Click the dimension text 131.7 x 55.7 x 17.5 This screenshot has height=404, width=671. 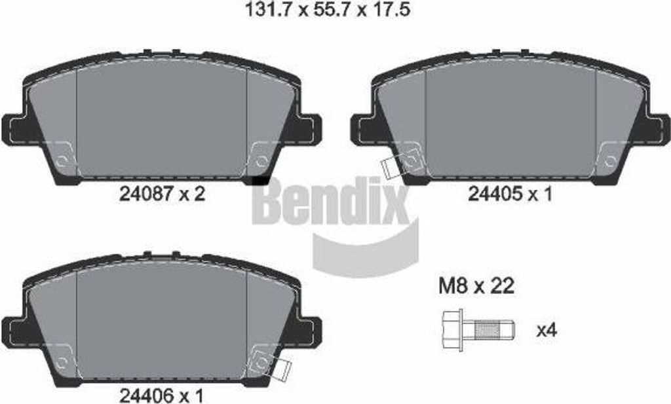pyautogui.click(x=328, y=9)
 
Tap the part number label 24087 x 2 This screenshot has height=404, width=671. pyautogui.click(x=163, y=194)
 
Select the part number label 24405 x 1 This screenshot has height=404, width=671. pyautogui.click(x=510, y=194)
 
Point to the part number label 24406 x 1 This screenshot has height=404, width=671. pyautogui.click(x=162, y=396)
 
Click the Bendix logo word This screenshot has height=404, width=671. pyautogui.click(x=330, y=200)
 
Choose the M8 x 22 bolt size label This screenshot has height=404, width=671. pyautogui.click(x=476, y=286)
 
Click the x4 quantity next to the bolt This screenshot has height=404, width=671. pyautogui.click(x=546, y=331)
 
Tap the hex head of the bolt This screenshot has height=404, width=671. pyautogui.click(x=451, y=330)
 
